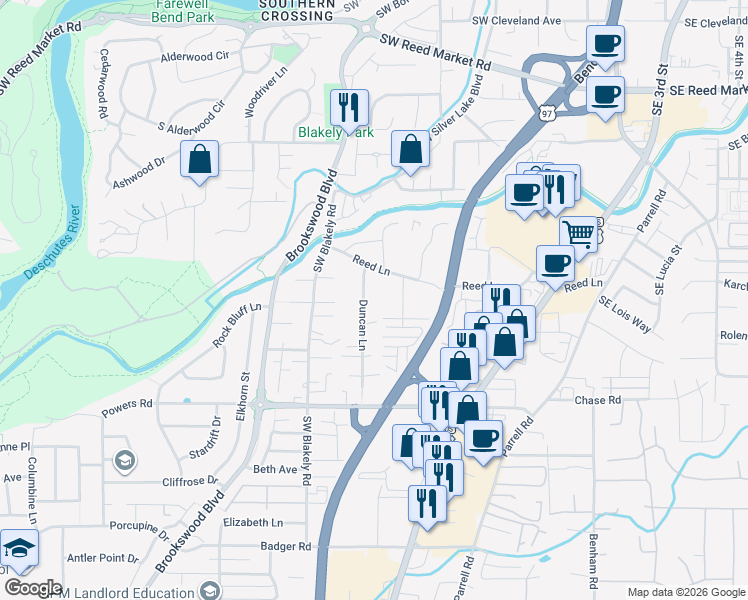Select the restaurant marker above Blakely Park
coord(349,107)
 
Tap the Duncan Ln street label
coord(362,324)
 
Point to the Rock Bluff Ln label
coord(237,324)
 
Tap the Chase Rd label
coord(598,400)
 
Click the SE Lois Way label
coord(626,313)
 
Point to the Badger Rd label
coord(286,546)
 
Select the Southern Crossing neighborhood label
coord(296,11)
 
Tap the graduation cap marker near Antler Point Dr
coord(19,548)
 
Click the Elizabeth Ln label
coord(253,522)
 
